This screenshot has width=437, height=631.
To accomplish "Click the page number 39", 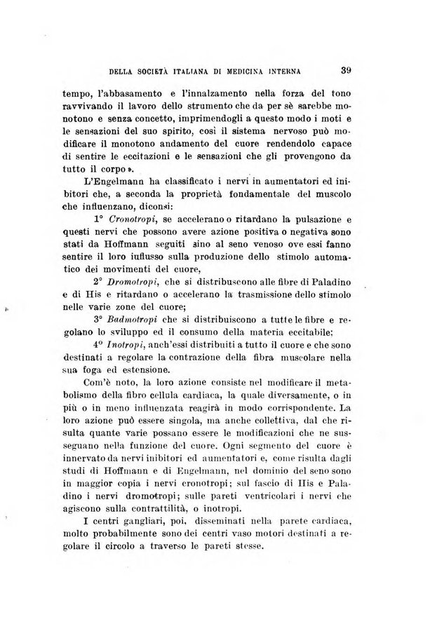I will [x=343, y=69].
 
